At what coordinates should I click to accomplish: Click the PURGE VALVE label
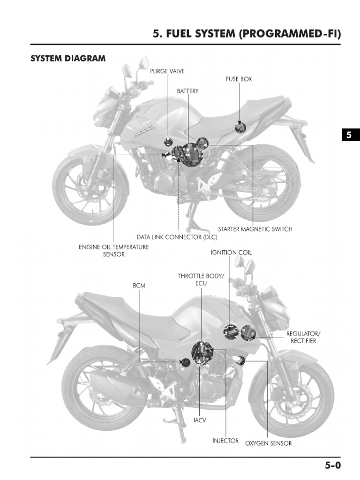click(167, 71)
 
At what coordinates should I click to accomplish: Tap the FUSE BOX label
click(239, 79)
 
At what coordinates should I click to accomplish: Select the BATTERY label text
click(187, 91)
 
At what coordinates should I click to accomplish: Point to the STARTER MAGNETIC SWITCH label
click(255, 229)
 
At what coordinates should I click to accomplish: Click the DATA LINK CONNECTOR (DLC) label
click(177, 237)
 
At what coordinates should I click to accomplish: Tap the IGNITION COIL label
click(231, 252)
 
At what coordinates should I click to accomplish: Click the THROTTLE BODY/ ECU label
click(201, 280)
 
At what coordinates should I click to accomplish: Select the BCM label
click(139, 285)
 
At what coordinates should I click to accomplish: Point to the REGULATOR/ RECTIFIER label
click(303, 337)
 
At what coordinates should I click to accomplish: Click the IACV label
click(200, 420)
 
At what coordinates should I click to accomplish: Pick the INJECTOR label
click(225, 441)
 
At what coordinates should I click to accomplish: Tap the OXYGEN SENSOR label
click(269, 443)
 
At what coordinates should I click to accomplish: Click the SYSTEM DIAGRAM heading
click(68, 59)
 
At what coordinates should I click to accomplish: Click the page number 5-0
click(333, 465)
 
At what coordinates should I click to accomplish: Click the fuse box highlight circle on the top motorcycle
click(240, 127)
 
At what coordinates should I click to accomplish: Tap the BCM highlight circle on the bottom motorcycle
click(186, 362)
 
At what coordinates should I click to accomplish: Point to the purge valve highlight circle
click(168, 142)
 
